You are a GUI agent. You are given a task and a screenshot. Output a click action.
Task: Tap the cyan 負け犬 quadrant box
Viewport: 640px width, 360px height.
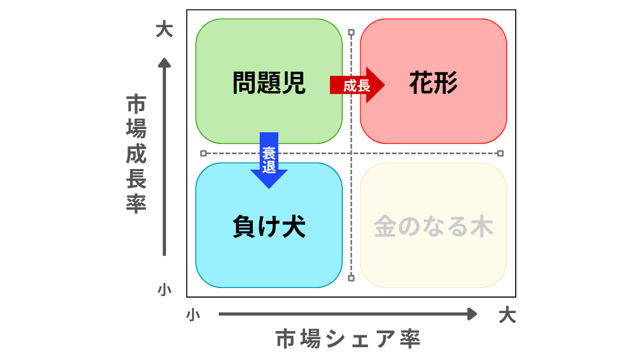(x=224, y=261)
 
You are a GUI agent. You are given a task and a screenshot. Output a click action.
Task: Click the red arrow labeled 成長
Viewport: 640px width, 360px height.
(x=357, y=85)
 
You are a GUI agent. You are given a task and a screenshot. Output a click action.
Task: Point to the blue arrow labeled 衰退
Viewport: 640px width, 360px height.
(x=269, y=160)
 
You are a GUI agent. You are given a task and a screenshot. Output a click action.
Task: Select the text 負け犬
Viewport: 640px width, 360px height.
(x=269, y=226)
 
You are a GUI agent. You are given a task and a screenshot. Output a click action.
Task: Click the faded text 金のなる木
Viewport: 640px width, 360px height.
(x=433, y=226)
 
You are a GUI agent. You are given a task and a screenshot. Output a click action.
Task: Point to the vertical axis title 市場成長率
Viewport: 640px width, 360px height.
(x=136, y=155)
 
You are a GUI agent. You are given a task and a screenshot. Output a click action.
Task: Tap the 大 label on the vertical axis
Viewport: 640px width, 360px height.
(x=164, y=29)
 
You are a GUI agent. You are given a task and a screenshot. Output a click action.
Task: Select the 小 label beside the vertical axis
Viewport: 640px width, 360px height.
(x=164, y=290)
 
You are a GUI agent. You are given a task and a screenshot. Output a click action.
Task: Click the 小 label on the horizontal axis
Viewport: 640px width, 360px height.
(x=193, y=315)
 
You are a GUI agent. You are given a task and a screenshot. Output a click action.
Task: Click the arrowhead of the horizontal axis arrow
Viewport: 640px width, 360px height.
(x=472, y=314)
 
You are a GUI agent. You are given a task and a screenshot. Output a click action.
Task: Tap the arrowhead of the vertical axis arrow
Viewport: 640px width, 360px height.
(x=164, y=62)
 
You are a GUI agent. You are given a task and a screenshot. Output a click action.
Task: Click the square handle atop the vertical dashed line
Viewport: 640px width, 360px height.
(x=351, y=33)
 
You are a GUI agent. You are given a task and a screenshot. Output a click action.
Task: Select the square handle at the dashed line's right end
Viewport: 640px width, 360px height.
(x=500, y=153)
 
